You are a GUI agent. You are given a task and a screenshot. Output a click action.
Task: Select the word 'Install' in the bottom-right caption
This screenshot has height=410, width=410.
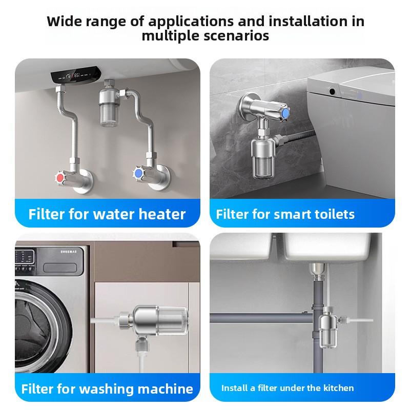coord(234,388)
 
